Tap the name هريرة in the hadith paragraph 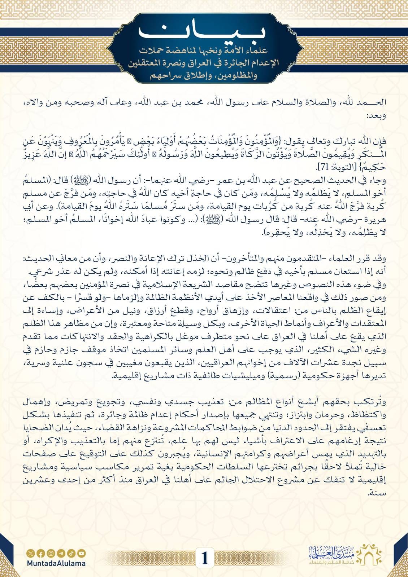374,222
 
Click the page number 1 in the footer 205,558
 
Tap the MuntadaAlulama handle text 56,563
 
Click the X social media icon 30,553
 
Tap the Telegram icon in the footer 61,553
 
